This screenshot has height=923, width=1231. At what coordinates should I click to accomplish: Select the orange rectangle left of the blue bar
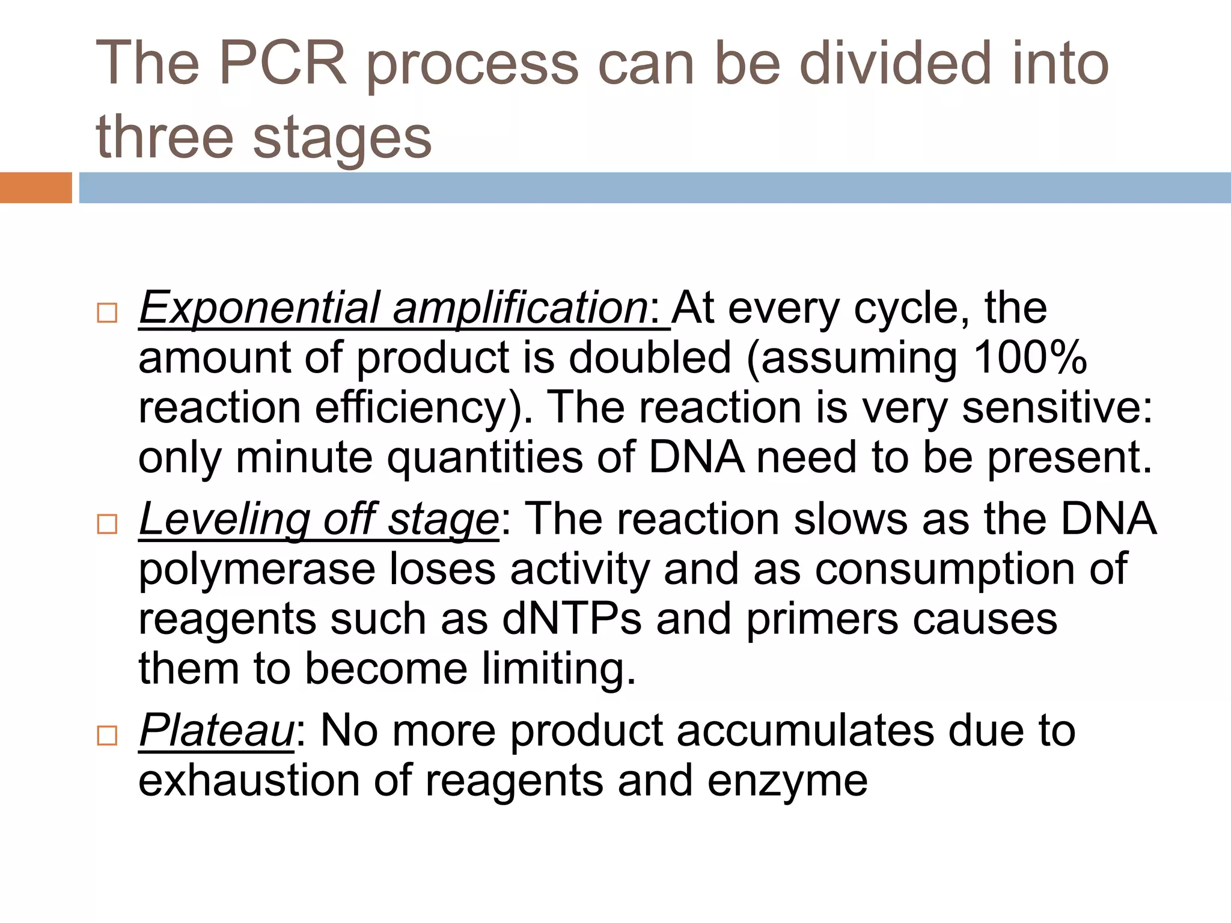pos(35,187)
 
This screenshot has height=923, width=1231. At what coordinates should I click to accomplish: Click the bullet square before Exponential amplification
pos(107,313)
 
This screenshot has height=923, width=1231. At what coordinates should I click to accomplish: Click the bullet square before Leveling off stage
pos(107,524)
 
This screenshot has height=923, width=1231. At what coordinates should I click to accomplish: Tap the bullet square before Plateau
pos(107,735)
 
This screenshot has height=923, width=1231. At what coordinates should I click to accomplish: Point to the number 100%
pos(1030,358)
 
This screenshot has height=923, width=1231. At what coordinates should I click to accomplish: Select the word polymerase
pos(257,570)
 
